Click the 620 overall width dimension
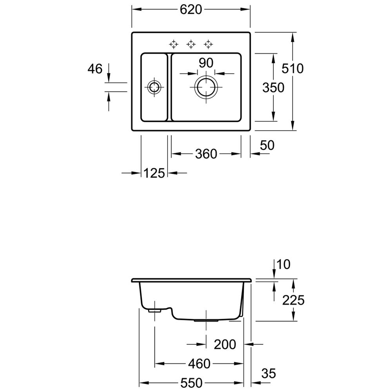click(x=191, y=9)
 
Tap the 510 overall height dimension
click(x=292, y=69)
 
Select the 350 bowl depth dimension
click(x=273, y=87)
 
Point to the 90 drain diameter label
click(x=205, y=63)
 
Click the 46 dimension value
click(x=95, y=69)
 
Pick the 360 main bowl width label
click(x=206, y=154)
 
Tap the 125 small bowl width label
click(x=154, y=173)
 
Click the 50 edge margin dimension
click(x=267, y=145)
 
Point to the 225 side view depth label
click(x=294, y=300)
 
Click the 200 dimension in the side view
click(x=225, y=345)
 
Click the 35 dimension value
click(x=268, y=374)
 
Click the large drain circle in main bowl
click(x=206, y=87)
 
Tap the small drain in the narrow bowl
click(x=154, y=87)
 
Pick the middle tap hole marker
click(x=191, y=44)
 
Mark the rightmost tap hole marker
click(x=209, y=44)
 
